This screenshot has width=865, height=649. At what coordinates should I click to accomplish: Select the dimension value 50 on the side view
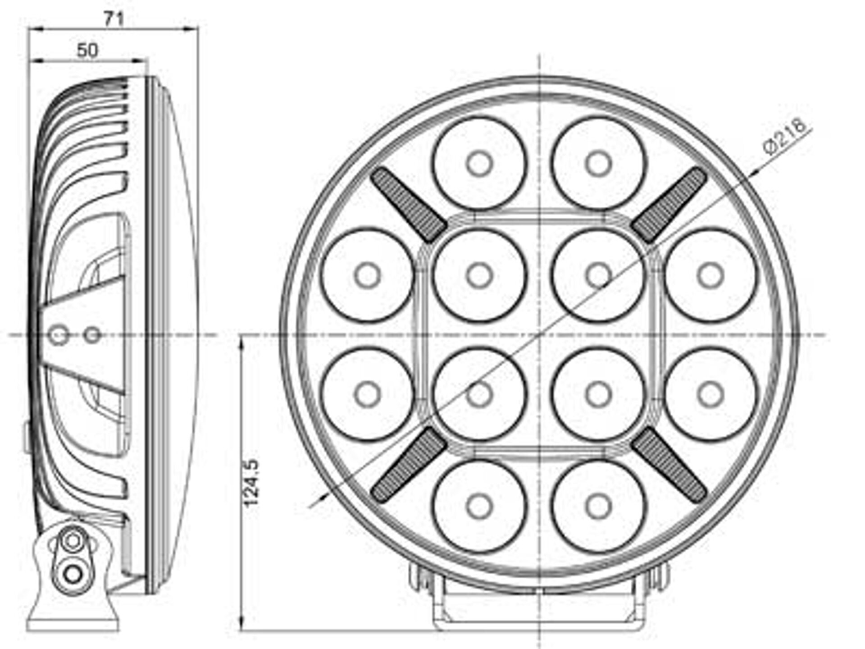[x=87, y=50]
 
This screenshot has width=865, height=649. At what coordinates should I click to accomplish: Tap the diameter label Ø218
[x=784, y=136]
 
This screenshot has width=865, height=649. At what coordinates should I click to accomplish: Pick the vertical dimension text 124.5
[x=251, y=482]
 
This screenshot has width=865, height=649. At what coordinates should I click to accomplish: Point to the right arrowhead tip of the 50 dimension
[x=147, y=60]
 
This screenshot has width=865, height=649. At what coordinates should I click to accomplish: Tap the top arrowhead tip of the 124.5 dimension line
[x=242, y=336]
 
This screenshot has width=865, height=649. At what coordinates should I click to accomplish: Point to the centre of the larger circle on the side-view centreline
[x=58, y=335]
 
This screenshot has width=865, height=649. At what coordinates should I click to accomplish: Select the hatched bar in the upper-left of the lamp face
[x=409, y=204]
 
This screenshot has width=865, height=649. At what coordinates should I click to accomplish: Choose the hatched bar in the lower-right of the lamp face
[x=669, y=465]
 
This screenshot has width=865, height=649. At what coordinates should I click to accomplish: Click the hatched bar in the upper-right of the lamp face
[x=669, y=204]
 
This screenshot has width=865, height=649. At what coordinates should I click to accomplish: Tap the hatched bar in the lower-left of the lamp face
[x=409, y=465]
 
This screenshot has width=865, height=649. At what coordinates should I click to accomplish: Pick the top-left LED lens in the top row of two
[x=479, y=164]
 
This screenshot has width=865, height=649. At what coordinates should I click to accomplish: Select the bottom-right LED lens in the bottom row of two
[x=598, y=506]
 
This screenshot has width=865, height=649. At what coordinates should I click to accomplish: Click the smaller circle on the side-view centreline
[x=92, y=335]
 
